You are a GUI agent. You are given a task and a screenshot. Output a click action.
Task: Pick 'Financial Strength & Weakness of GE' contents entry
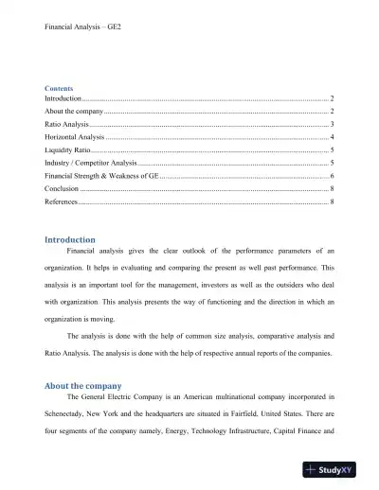(x=102, y=177)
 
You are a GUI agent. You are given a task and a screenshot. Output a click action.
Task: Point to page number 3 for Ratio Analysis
(x=331, y=125)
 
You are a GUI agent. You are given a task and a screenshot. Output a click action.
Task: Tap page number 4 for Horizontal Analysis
(x=331, y=138)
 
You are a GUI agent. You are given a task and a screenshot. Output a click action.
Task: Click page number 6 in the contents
(x=331, y=177)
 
